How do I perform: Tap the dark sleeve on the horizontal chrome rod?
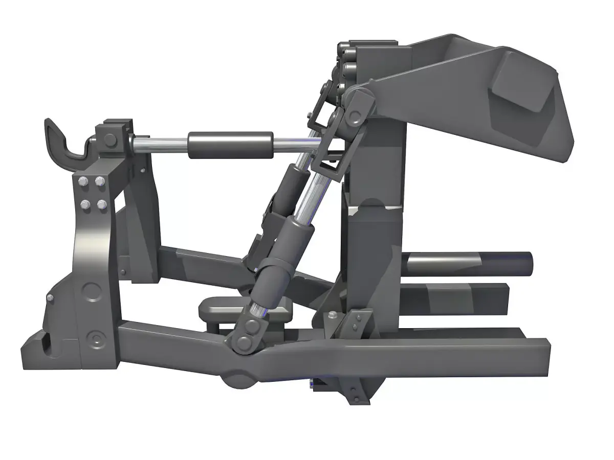pyautogui.click(x=230, y=145)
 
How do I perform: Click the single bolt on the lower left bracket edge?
pyautogui.click(x=50, y=298)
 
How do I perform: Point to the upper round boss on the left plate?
pyautogui.click(x=93, y=290)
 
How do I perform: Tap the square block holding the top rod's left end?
pyautogui.click(x=111, y=140)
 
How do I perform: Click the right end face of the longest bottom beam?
pyautogui.click(x=543, y=358)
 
